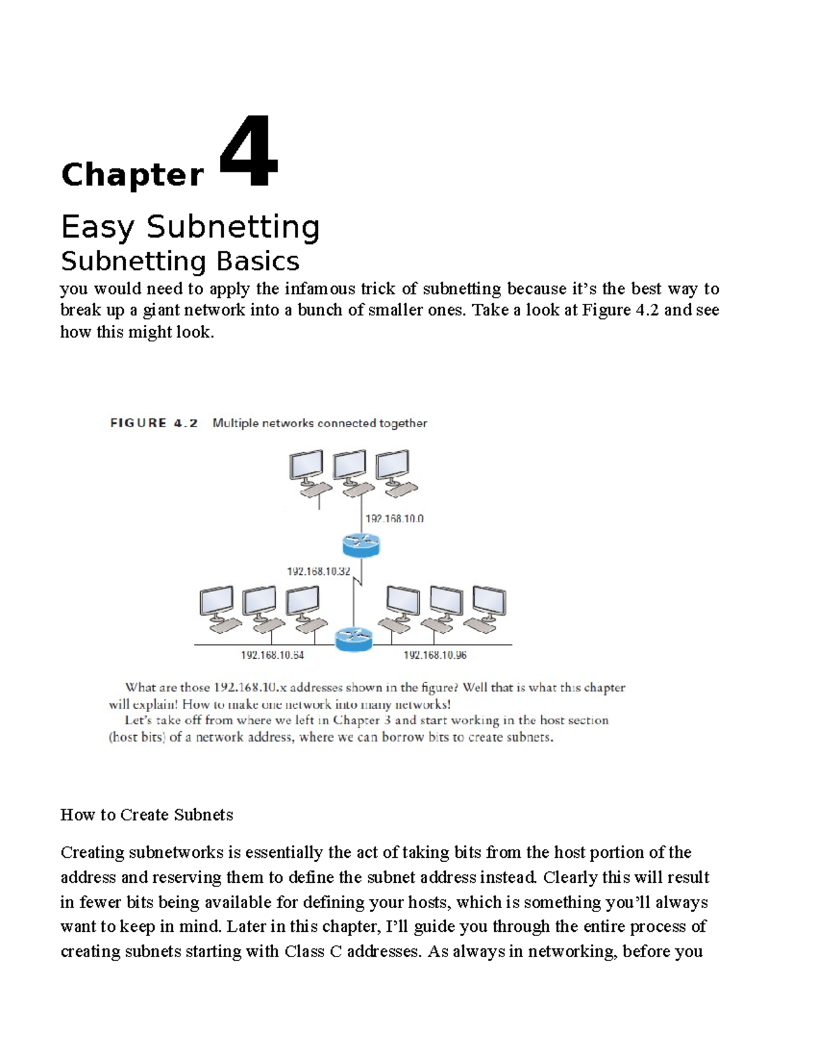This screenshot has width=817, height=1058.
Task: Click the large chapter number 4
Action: pyautogui.click(x=249, y=153)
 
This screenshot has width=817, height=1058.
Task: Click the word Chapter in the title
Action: pyautogui.click(x=132, y=175)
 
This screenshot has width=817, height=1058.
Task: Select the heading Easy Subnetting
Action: pyautogui.click(x=190, y=227)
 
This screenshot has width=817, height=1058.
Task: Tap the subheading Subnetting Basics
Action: pyautogui.click(x=180, y=261)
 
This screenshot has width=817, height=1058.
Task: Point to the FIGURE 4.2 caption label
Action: pyautogui.click(x=154, y=423)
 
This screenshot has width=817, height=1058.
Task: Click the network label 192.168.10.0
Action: pyautogui.click(x=394, y=518)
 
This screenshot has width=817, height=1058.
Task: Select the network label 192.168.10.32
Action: pyautogui.click(x=318, y=572)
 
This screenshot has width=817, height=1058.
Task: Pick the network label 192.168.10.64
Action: pyautogui.click(x=272, y=655)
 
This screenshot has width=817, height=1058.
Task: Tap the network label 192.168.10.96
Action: pyautogui.click(x=435, y=655)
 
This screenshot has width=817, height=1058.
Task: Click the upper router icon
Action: pyautogui.click(x=360, y=544)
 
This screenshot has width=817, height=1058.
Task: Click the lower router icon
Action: pyautogui.click(x=354, y=638)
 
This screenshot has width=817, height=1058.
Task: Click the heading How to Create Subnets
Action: pyautogui.click(x=146, y=815)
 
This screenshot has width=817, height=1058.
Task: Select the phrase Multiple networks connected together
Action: pyautogui.click(x=320, y=423)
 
